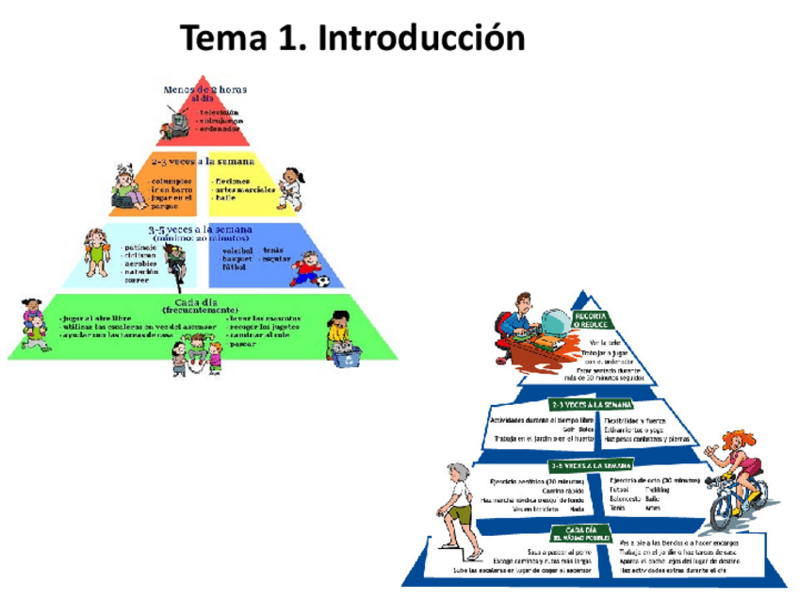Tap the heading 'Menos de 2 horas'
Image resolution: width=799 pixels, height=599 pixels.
click(x=205, y=90)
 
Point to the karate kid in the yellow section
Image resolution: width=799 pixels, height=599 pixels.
click(x=292, y=187)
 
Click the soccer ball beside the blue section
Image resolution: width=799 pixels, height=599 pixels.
click(x=322, y=280)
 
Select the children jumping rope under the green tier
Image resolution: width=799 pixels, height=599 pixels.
click(x=192, y=356)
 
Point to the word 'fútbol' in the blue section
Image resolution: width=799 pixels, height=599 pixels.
click(x=234, y=268)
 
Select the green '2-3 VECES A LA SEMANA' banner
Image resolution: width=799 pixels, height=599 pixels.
click(x=591, y=405)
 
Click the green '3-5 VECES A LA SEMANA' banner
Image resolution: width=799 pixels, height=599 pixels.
click(x=591, y=465)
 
